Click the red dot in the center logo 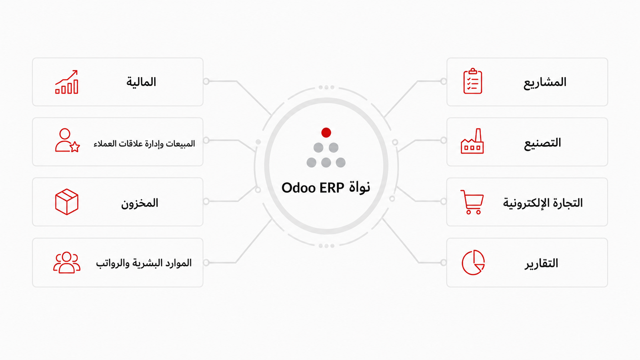point(326,132)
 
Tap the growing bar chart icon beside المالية point(66,82)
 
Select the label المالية point(141,82)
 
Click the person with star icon point(68,140)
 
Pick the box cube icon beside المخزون point(66,202)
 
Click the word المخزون point(140,203)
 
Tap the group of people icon point(66,262)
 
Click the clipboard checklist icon point(472,81)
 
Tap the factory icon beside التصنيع point(472,141)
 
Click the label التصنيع point(542,143)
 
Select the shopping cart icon point(472,202)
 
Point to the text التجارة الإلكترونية point(543,203)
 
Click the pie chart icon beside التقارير point(473,262)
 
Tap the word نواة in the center point(360,188)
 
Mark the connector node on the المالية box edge point(206,82)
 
